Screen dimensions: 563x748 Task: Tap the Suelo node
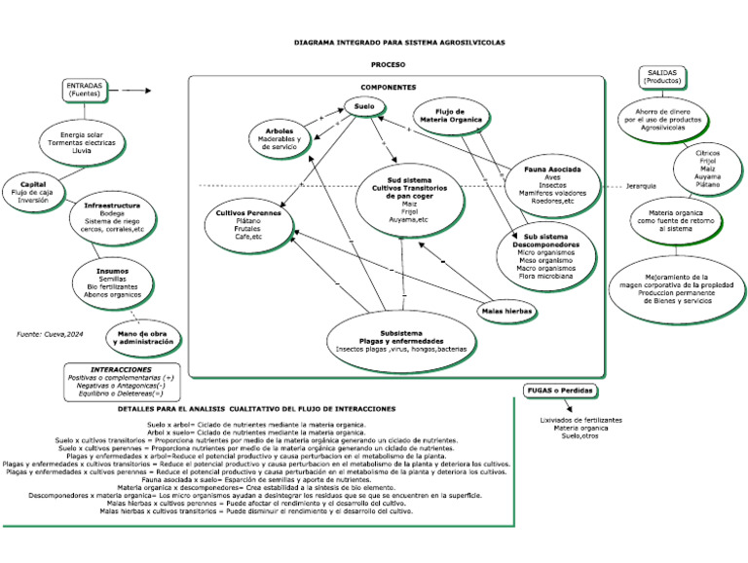(363, 106)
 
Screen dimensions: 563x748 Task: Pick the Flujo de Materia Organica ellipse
(450, 115)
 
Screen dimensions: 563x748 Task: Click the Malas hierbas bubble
(505, 311)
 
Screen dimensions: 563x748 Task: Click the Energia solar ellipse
(82, 142)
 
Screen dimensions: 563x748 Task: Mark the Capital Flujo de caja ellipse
(32, 188)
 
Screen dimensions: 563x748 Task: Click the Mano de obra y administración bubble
(146, 338)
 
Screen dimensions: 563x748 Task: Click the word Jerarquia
(640, 186)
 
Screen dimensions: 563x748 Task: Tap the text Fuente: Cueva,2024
(50, 334)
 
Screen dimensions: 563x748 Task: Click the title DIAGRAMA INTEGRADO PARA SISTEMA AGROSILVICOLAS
(399, 43)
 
